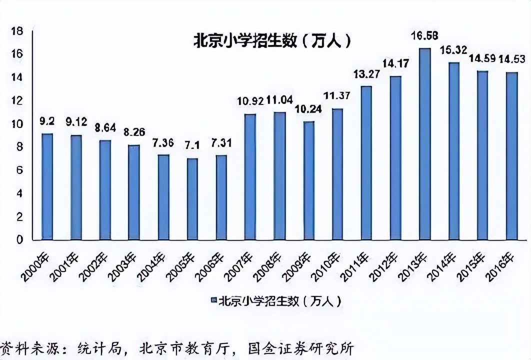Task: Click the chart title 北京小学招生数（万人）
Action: (272, 40)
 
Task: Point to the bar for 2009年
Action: (308, 180)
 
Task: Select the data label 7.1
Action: (192, 145)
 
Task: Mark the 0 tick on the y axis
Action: (19, 240)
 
